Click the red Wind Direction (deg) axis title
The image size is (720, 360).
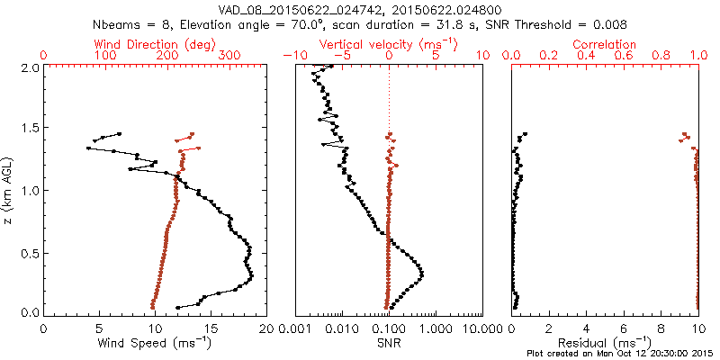point(156,44)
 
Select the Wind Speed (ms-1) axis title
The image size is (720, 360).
point(156,343)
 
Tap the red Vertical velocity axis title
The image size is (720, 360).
point(389,44)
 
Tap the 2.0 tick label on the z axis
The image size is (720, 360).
point(31,67)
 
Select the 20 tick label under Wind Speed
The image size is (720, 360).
point(265,328)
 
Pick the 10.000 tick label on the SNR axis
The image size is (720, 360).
point(481,328)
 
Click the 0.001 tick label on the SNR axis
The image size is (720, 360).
point(296,328)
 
